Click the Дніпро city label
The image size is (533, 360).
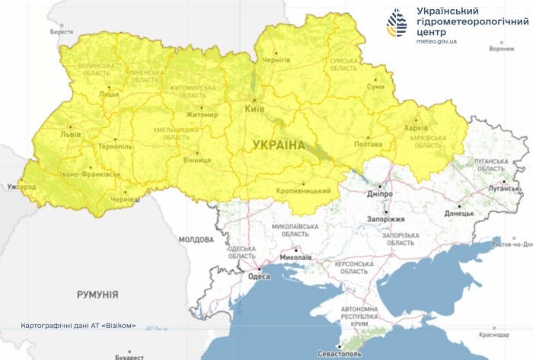[x=381, y=195]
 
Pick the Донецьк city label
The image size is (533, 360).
[x=459, y=215]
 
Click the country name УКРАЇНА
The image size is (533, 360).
[x=279, y=145]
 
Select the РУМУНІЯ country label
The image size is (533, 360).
[x=97, y=293]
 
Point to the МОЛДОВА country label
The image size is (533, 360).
[x=196, y=239]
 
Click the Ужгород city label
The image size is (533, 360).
[x=21, y=186]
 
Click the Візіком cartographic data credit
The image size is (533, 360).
[x=79, y=326]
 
